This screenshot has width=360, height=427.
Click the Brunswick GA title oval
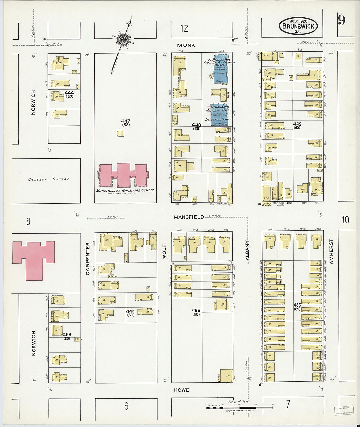[298, 26]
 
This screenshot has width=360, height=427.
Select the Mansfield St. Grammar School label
[125, 190]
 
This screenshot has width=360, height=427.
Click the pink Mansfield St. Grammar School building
[123, 175]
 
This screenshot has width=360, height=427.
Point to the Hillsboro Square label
[49, 179]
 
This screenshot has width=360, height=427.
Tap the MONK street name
[186, 45]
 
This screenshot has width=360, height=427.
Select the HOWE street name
[181, 390]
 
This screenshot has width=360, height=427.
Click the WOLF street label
[164, 251]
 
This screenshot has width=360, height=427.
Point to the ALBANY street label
[247, 251]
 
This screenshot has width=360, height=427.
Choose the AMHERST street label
[331, 251]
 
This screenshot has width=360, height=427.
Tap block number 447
[125, 121]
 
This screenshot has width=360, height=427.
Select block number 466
[297, 305]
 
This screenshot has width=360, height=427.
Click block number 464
[130, 312]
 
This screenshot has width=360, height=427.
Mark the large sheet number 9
[341, 21]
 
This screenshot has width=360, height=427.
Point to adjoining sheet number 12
[184, 28]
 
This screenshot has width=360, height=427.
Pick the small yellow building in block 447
[120, 133]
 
